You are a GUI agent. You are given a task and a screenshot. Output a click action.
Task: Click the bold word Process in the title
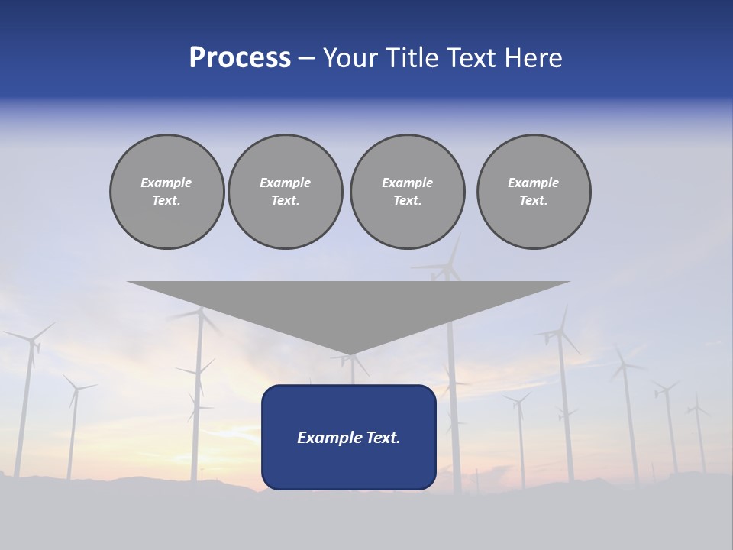click(240, 57)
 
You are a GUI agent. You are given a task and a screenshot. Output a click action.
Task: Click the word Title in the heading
click(412, 57)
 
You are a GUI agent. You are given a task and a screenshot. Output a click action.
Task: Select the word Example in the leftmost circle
click(166, 183)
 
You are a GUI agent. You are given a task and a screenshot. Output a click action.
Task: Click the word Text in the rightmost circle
click(533, 200)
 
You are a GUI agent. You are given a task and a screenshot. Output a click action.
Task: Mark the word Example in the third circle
click(407, 183)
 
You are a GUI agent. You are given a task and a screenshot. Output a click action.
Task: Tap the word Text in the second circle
click(286, 200)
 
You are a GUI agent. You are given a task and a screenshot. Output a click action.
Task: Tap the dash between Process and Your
click(306, 57)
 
